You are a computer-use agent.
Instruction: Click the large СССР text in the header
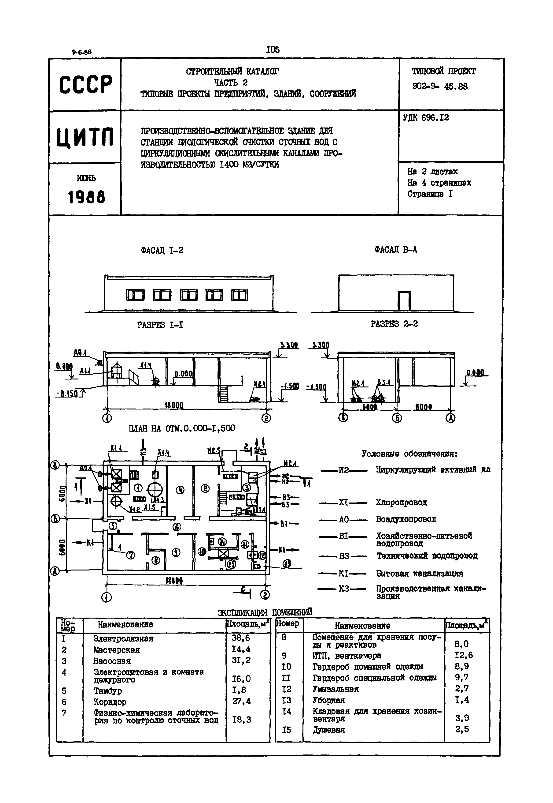tap(86, 85)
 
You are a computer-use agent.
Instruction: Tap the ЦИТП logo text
tap(85, 137)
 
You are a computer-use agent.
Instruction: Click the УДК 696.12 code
tap(426, 118)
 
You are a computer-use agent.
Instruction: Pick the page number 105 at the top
tap(273, 50)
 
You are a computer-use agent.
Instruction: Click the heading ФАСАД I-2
tap(162, 250)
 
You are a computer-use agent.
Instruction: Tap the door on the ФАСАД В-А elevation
tap(404, 301)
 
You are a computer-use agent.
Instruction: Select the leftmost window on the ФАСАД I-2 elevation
tap(135, 295)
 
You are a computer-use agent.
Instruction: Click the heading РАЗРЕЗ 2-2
tap(394, 324)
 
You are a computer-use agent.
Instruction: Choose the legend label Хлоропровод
tap(401, 502)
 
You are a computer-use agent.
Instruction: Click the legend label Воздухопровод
tap(406, 519)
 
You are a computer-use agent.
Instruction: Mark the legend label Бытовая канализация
tap(420, 573)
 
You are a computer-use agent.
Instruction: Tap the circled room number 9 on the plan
tap(176, 553)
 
